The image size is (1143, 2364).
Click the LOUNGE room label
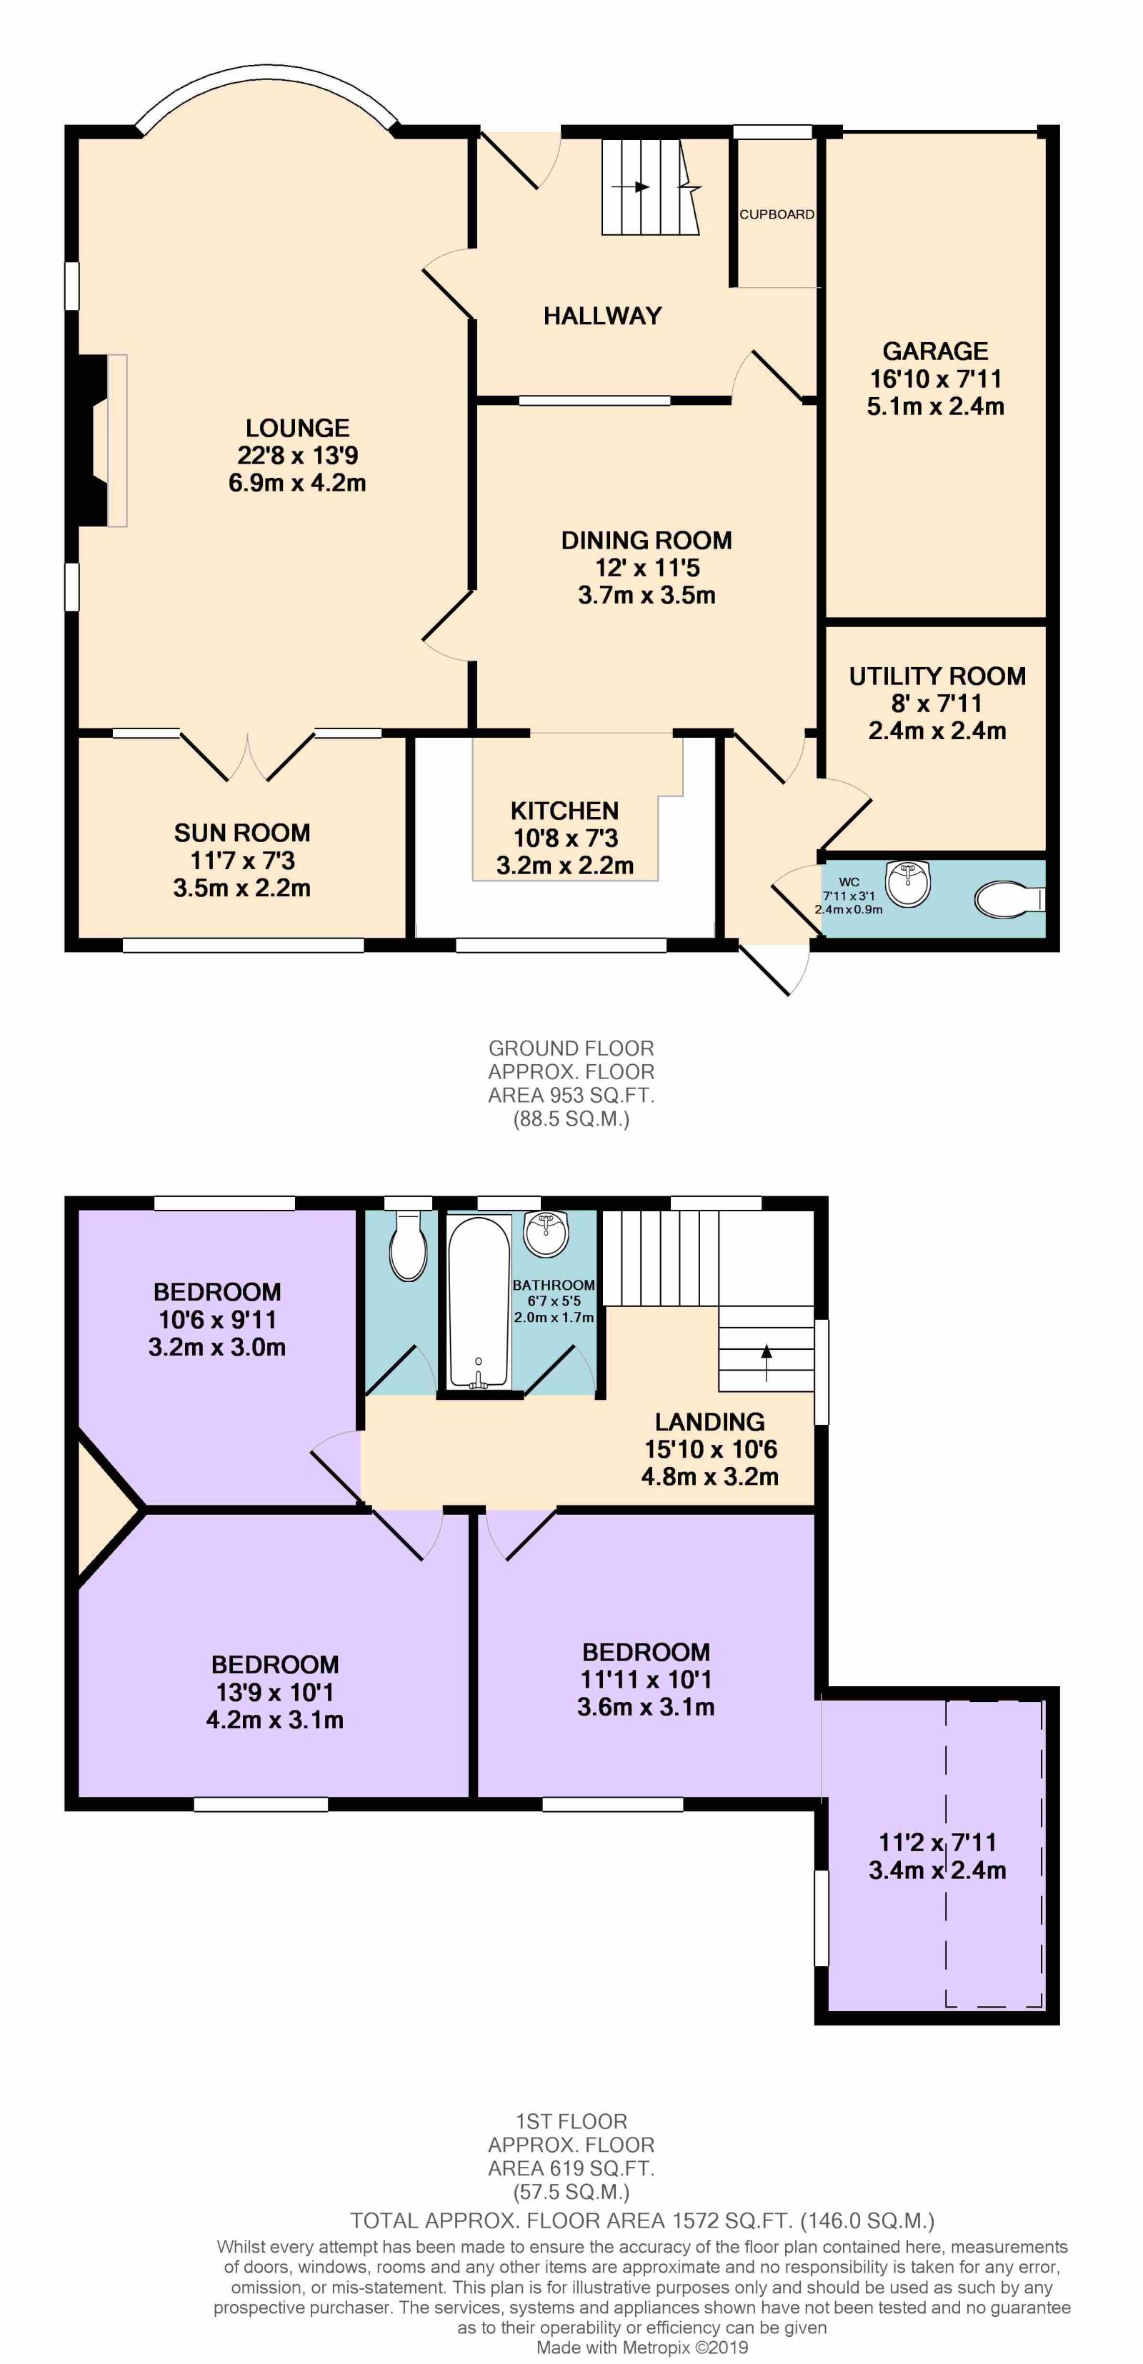point(297,428)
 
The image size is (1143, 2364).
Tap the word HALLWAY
point(602,316)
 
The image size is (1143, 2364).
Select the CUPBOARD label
point(777,214)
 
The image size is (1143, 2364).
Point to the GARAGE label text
point(936,351)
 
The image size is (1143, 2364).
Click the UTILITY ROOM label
point(937,676)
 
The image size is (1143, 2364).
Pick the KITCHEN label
point(564,811)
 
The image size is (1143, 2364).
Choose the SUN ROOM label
point(242,832)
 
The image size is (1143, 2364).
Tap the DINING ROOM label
point(647,541)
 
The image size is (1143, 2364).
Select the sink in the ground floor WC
point(909,883)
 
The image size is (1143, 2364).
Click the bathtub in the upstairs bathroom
point(479,1301)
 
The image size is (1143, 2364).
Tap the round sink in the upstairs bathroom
point(546,1233)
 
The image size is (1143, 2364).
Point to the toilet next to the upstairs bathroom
point(409,1246)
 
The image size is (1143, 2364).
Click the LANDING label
point(709,1421)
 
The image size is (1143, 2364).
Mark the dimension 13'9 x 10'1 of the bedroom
point(274,1691)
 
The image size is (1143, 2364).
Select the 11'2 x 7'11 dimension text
point(937,1842)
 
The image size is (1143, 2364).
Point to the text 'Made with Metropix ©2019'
point(643,2348)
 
